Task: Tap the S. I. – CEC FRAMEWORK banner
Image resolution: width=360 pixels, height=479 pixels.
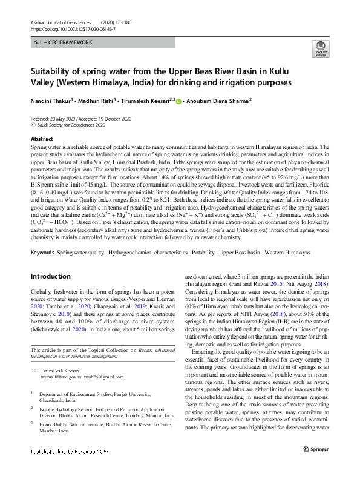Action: click(x=64, y=43)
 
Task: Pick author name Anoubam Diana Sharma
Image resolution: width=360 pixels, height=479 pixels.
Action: click(x=217, y=102)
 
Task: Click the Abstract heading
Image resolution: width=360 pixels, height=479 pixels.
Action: click(x=42, y=139)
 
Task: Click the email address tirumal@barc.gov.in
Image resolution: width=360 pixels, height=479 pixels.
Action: click(x=60, y=377)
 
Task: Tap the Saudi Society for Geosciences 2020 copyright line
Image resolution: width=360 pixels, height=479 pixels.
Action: click(x=71, y=125)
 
